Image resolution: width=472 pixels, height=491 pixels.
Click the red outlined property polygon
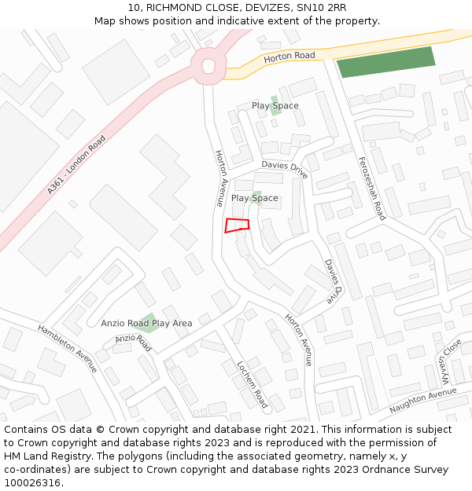pyautogui.click(x=237, y=225)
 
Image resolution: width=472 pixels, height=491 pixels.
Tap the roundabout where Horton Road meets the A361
pyautogui.click(x=208, y=66)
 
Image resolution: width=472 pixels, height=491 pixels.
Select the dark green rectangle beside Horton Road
pyautogui.click(x=386, y=62)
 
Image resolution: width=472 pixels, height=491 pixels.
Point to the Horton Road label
pyautogui.click(x=289, y=57)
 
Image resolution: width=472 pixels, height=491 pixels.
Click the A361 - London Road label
pyautogui.click(x=76, y=165)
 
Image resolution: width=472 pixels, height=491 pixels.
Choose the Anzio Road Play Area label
pyautogui.click(x=146, y=323)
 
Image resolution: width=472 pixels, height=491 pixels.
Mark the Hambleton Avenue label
pyautogui.click(x=67, y=348)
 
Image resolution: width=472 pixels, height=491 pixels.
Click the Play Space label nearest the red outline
pyautogui.click(x=254, y=198)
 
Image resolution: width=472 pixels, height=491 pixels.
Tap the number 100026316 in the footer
pyautogui.click(x=34, y=482)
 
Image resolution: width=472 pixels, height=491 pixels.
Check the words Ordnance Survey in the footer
pyautogui.click(x=407, y=470)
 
